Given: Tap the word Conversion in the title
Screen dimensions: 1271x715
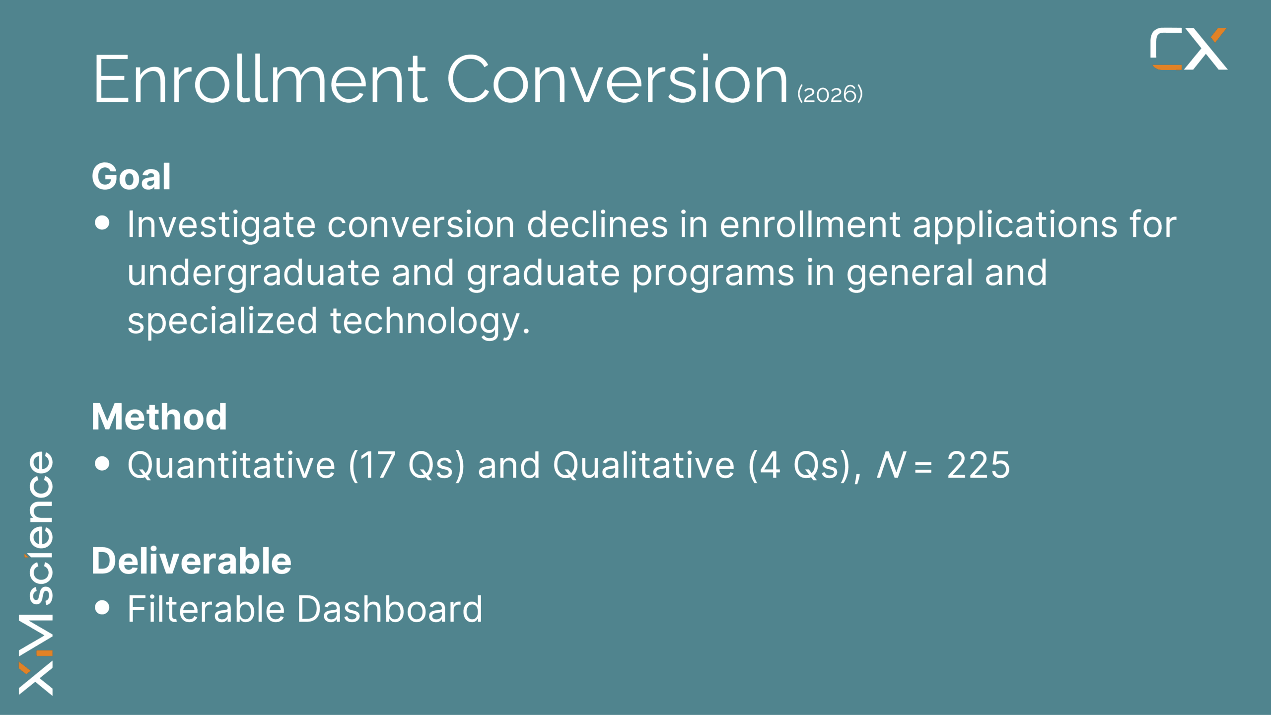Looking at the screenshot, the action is [618, 79].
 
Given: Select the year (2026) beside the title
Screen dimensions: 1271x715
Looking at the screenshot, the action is [830, 94].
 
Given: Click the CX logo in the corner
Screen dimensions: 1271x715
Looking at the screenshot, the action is [1189, 49].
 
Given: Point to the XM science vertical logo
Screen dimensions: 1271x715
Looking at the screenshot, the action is [36, 573].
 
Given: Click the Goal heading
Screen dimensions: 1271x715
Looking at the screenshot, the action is [131, 177].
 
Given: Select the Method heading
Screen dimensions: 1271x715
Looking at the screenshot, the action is [159, 417].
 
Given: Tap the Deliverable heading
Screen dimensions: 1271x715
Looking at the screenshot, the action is [192, 561].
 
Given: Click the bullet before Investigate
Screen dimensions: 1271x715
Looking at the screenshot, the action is [102, 223].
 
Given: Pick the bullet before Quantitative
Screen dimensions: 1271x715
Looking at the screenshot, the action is [102, 463].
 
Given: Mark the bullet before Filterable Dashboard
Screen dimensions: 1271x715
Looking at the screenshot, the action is [102, 607].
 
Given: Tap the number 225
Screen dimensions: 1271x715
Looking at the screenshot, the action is [978, 465].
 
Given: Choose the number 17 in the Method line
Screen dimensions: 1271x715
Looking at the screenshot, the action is [377, 465].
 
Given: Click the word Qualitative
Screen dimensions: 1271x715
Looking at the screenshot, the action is [644, 465].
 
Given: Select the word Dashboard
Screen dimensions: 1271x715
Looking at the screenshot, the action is [390, 609].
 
